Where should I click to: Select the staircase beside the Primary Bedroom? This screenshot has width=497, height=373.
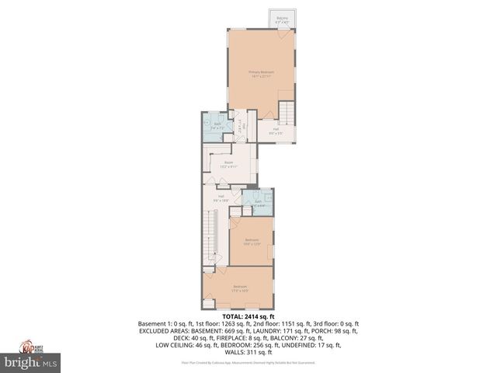[x=288, y=113]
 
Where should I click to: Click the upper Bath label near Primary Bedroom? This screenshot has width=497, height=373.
[x=218, y=125]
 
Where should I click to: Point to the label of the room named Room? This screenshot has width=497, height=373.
[x=228, y=164]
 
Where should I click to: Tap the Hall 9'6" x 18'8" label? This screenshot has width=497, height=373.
[x=221, y=197]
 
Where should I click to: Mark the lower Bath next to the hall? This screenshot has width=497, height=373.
[x=258, y=202]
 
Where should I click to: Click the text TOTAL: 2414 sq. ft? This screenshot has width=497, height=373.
[x=248, y=317]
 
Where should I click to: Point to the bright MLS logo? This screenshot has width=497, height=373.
[x=31, y=362]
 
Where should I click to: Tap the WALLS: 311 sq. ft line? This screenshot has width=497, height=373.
[x=248, y=351]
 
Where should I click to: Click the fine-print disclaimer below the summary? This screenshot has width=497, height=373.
[x=248, y=362]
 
